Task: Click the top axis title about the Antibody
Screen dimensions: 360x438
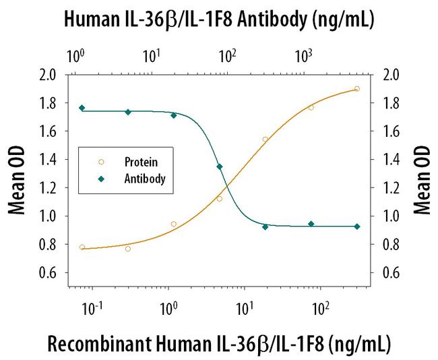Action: click(x=218, y=21)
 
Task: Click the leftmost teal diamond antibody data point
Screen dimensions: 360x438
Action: click(x=82, y=108)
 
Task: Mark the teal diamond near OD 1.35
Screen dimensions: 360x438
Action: click(x=219, y=167)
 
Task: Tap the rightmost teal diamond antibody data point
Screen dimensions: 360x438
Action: click(x=356, y=227)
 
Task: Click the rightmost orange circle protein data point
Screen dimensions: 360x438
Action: click(x=356, y=88)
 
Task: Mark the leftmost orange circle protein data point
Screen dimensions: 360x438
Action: click(x=82, y=247)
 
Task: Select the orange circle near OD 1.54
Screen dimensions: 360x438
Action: click(x=265, y=140)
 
